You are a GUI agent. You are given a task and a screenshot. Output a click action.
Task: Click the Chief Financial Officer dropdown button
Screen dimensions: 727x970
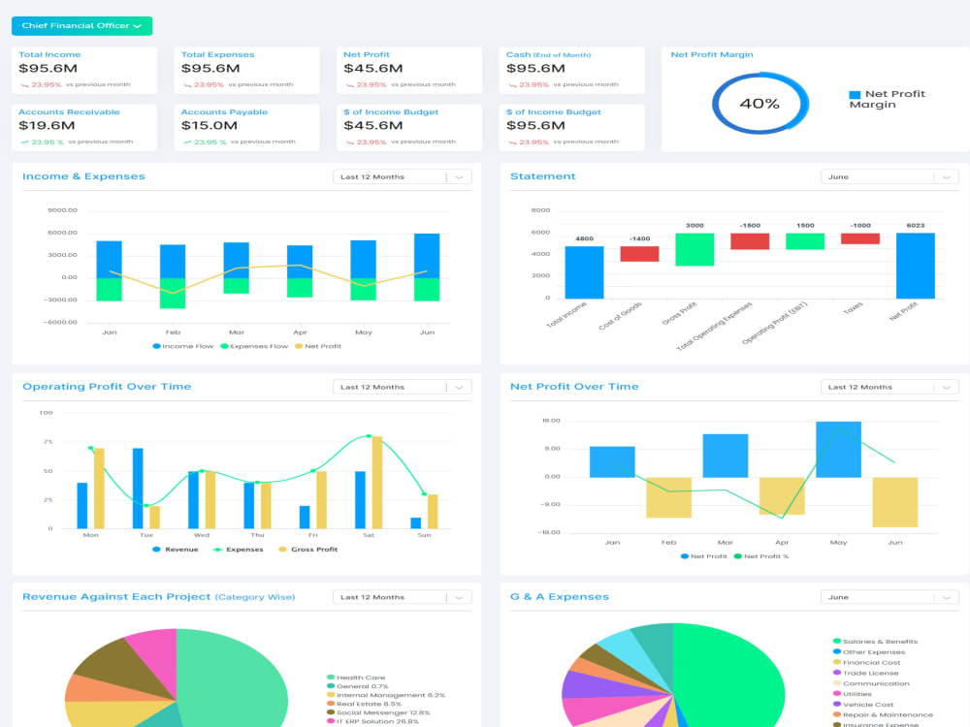click(81, 26)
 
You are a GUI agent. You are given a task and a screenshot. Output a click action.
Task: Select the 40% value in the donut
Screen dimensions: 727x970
click(759, 103)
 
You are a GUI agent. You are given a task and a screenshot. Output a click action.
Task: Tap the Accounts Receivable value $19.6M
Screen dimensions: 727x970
click(47, 125)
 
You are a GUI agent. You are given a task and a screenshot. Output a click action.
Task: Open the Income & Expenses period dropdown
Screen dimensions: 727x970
click(402, 176)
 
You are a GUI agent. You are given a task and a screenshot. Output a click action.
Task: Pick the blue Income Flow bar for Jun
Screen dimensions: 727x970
click(426, 256)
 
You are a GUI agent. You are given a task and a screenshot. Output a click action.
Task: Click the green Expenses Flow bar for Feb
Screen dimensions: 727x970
click(173, 293)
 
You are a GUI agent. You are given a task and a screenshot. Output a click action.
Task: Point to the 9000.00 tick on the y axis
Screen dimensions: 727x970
click(61, 210)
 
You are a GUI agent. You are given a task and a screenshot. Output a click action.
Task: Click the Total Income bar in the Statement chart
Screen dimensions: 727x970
click(584, 272)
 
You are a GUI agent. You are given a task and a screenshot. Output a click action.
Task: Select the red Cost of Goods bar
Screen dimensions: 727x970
click(639, 254)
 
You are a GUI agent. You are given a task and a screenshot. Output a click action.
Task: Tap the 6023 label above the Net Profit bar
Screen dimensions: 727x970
click(915, 225)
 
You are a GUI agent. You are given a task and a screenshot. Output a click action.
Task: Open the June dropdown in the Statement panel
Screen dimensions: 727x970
click(889, 176)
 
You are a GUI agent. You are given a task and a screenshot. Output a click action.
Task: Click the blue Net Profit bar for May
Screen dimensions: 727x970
click(838, 449)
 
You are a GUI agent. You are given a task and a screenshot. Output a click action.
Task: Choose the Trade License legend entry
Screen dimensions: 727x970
click(870, 673)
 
